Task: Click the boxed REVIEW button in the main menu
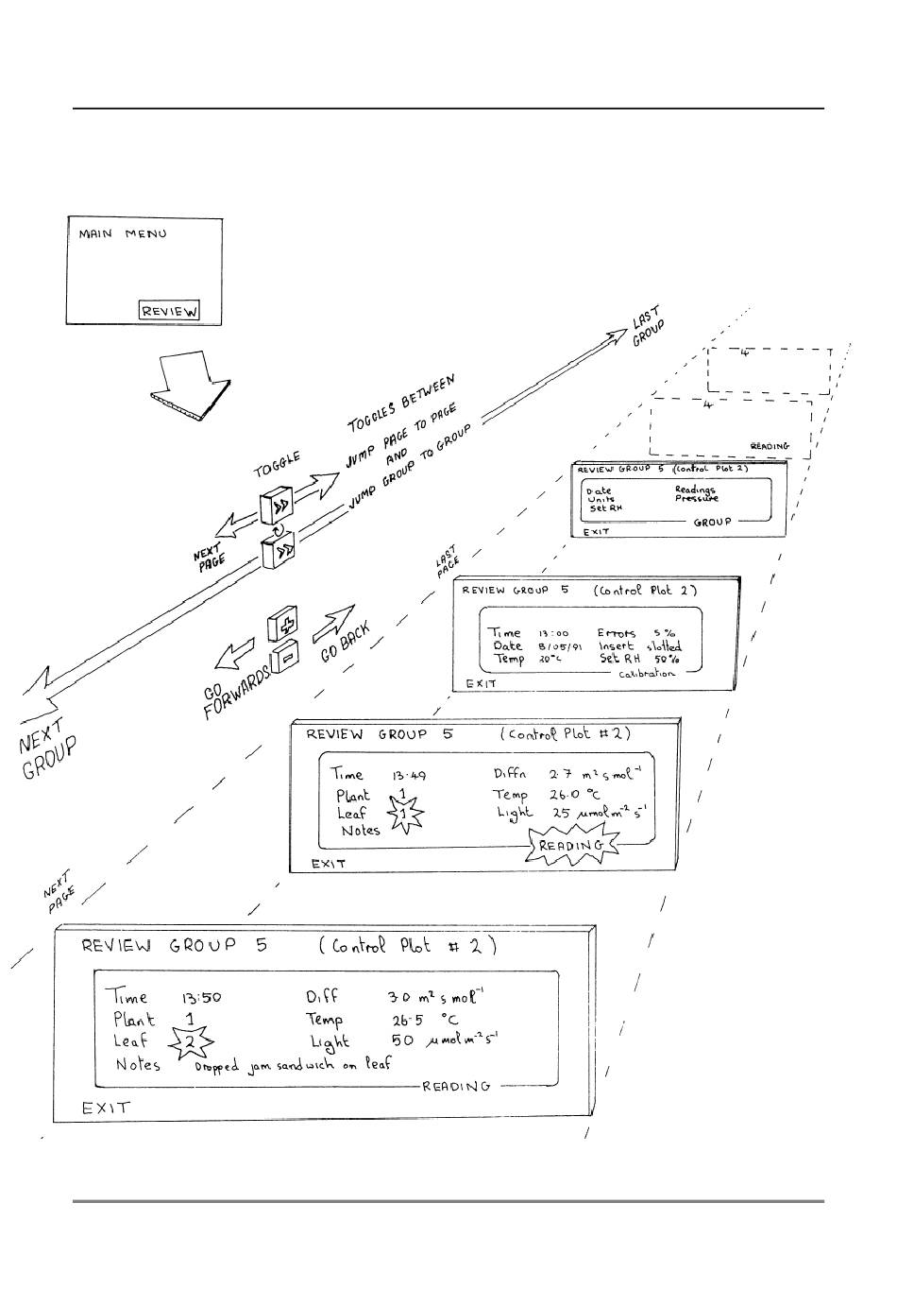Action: tap(170, 310)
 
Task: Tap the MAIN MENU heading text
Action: tap(122, 233)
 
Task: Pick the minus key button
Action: tap(287, 654)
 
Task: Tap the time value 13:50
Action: tap(200, 996)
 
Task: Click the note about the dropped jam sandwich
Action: tap(293, 1065)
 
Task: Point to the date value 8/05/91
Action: tap(560, 647)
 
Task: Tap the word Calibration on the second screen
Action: tap(647, 674)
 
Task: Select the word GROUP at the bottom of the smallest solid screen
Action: tap(713, 522)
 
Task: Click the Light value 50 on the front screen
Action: tap(402, 1040)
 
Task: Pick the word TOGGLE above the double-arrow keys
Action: tap(276, 465)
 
